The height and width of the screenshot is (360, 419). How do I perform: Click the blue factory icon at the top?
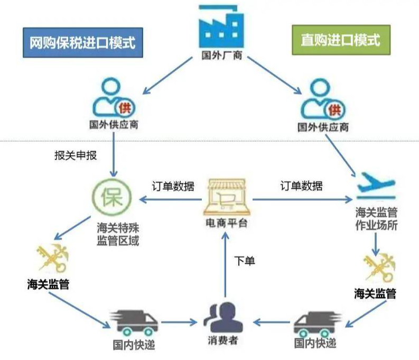pos(221,26)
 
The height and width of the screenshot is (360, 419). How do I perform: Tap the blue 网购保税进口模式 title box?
pos(83,42)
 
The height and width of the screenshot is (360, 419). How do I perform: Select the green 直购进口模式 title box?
pos(341,40)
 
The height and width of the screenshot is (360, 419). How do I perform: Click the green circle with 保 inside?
pos(112,198)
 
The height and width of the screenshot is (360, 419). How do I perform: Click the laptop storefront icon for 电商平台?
pos(227,198)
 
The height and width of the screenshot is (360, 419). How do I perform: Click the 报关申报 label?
pos(76,155)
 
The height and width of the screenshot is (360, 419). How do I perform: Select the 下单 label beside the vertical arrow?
pos(245,261)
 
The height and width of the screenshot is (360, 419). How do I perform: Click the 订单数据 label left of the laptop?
pos(173,186)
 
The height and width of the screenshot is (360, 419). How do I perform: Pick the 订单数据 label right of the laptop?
pos(301,186)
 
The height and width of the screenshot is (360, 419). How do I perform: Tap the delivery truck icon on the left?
pos(134,322)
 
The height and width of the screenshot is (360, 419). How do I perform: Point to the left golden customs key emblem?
pos(53,258)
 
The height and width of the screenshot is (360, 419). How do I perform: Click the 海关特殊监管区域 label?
pos(118,234)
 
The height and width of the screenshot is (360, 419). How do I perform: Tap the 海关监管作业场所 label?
pos(376,219)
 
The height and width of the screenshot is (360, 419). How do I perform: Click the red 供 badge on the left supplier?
pos(125,108)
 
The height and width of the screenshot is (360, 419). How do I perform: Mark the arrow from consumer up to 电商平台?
pos(225,265)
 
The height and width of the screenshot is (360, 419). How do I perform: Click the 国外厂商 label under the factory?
pos(222,56)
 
